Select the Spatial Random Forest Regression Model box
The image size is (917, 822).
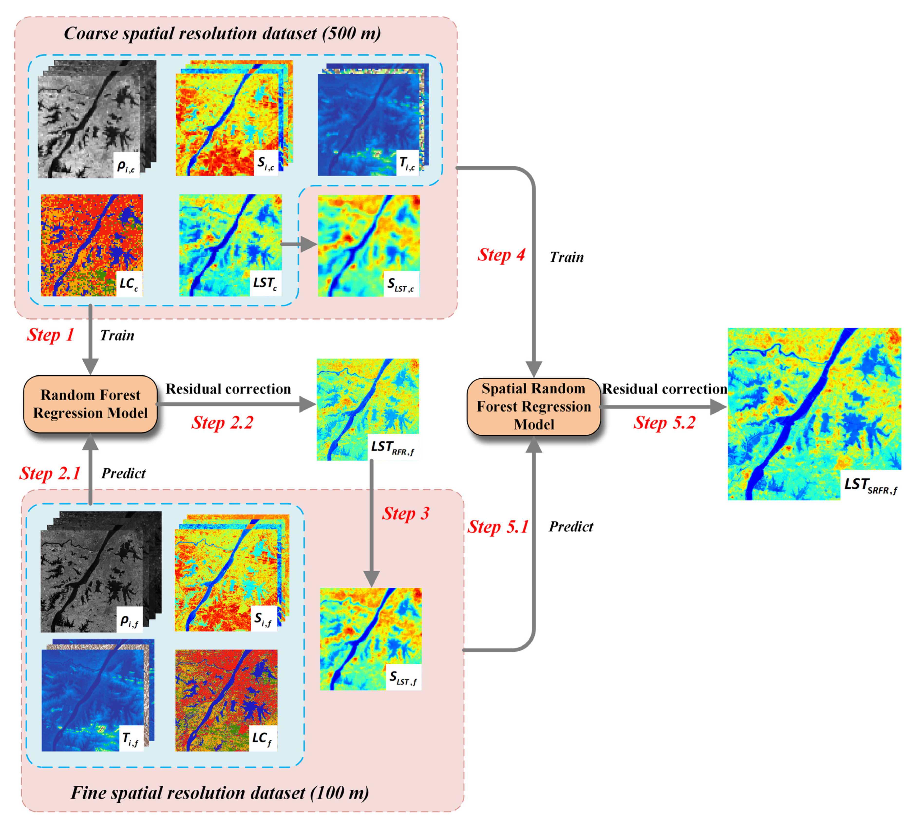[x=533, y=406]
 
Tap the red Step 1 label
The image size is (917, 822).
[x=50, y=335]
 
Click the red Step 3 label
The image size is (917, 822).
[x=405, y=513]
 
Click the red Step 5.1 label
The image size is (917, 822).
[x=498, y=527]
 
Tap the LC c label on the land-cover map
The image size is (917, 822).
[x=129, y=284]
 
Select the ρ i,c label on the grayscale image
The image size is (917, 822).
[x=126, y=166]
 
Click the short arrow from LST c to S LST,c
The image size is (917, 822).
[x=298, y=244]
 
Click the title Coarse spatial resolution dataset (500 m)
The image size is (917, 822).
[x=222, y=33]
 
